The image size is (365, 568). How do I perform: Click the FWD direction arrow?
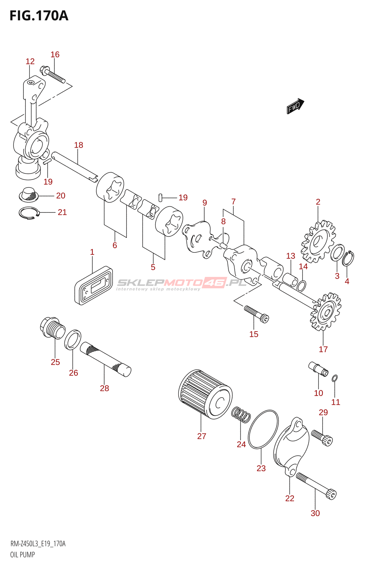coord(295,106)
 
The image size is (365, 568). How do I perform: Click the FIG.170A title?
coord(39,16)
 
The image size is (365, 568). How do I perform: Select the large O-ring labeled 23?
coord(263,430)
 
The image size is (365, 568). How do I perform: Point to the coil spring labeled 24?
coord(241,415)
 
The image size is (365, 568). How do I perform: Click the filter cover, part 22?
coord(292,447)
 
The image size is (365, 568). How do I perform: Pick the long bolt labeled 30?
coord(316,484)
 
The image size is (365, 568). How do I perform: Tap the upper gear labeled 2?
coord(318,241)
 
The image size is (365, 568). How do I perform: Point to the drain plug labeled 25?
coord(53,327)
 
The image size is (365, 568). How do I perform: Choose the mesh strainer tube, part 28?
coord(105,359)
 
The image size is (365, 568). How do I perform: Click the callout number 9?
coord(205,203)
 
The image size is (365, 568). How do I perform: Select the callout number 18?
coord(78,145)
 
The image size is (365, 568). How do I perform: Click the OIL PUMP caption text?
coord(22,555)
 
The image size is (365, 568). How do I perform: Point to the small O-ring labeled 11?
coord(334,378)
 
